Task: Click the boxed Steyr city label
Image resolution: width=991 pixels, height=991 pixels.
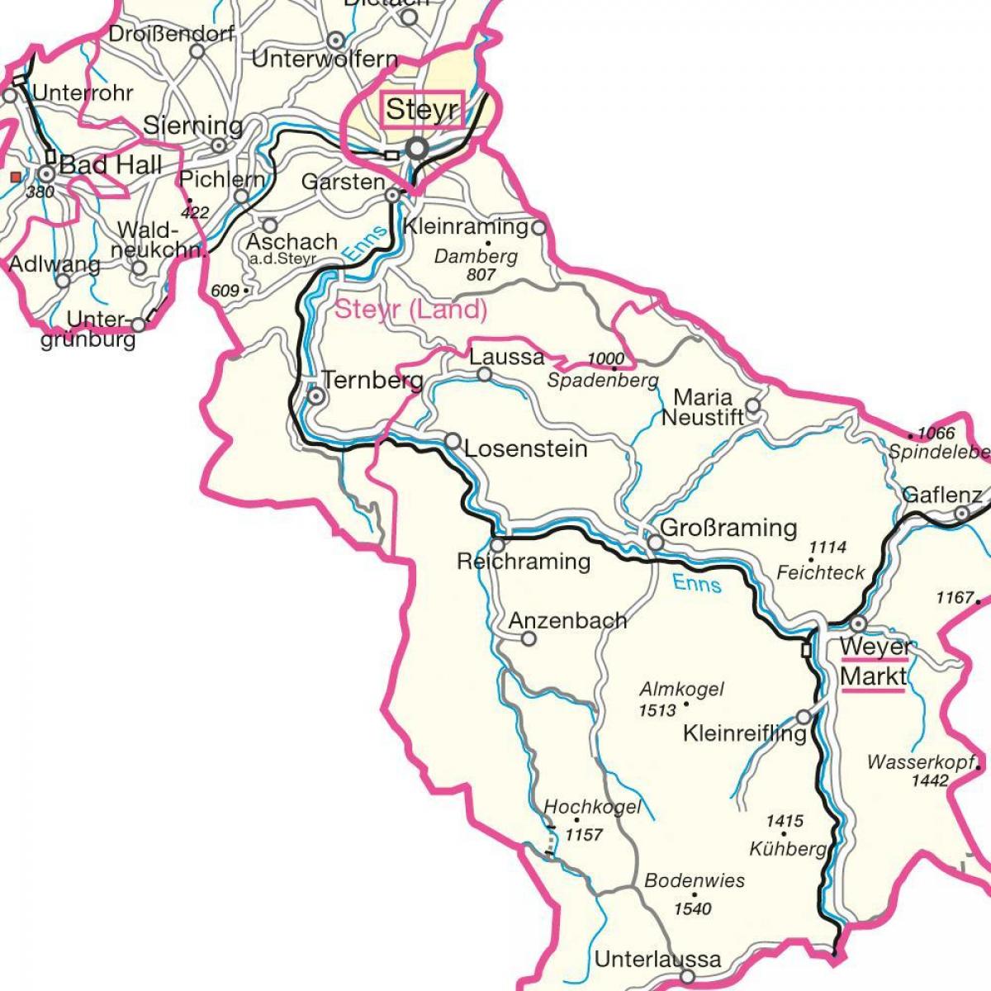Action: point(422,109)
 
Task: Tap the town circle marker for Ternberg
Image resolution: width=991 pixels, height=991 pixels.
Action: point(315,396)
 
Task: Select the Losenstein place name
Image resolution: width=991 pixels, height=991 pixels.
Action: point(526,449)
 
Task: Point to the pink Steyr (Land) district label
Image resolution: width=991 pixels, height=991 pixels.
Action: point(410,310)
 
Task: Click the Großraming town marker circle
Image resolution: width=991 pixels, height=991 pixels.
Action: point(655,543)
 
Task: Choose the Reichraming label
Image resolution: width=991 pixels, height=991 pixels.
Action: point(524,562)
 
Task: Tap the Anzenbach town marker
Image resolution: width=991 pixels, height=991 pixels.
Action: point(529,638)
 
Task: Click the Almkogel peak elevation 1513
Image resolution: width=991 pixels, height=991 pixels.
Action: point(657,709)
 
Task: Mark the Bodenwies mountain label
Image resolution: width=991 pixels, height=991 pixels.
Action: point(695,880)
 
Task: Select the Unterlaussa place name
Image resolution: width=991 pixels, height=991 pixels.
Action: point(657,960)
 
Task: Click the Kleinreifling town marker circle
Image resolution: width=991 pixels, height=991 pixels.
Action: point(804,716)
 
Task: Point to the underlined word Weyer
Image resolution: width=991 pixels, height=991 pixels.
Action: point(875,646)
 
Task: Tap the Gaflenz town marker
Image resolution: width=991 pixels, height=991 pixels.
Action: point(961,514)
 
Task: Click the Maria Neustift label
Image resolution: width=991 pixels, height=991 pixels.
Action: point(702,407)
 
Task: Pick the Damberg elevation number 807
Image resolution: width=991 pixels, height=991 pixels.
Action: point(481,274)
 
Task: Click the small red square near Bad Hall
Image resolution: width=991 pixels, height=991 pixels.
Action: point(15,176)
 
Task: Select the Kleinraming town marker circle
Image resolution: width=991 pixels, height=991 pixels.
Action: point(538,226)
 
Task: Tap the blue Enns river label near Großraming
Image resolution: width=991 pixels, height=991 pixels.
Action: point(697,583)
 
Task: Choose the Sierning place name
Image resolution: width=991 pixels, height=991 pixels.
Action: point(193,126)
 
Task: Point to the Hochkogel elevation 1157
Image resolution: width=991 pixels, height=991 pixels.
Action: point(584,835)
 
